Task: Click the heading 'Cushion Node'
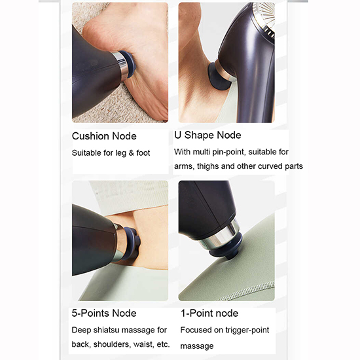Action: point(104,136)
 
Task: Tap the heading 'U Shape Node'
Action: point(207,135)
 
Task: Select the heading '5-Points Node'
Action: point(104,313)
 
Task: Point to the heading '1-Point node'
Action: point(209,313)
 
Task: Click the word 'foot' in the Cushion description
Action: point(143,153)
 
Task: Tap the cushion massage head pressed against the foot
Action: point(128,64)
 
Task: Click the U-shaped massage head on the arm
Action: point(219,77)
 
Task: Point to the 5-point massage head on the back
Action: point(132,243)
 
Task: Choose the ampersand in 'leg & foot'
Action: point(131,153)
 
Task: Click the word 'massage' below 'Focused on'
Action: point(197,346)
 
